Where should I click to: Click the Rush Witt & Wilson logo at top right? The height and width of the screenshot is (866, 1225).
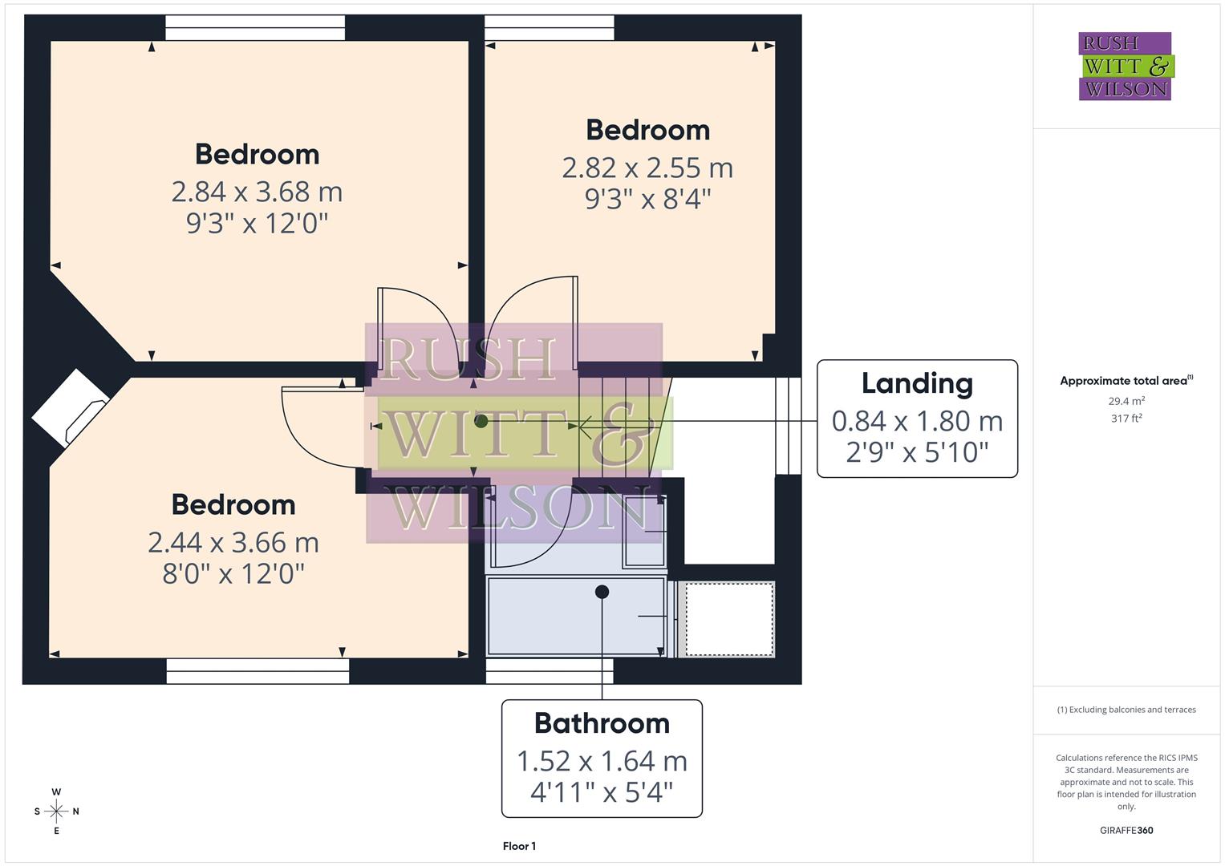click(1125, 66)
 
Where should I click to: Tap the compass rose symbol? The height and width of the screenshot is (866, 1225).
click(56, 811)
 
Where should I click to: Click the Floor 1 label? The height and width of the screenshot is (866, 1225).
click(519, 846)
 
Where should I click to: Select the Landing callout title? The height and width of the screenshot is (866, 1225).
click(917, 383)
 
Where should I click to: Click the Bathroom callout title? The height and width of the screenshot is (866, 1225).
click(602, 723)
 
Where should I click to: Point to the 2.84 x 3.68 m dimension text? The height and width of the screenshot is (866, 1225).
click(257, 192)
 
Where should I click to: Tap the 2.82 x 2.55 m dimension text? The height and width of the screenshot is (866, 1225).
click(647, 168)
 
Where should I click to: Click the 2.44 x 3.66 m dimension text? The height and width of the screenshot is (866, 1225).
click(233, 543)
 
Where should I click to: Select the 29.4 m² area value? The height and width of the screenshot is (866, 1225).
click(1126, 401)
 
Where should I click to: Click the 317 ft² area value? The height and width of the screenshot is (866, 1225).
click(1126, 419)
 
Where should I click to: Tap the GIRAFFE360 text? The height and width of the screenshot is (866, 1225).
click(1126, 830)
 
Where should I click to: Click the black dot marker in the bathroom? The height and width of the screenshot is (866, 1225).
click(602, 592)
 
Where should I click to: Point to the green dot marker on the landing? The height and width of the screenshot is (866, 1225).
click(481, 421)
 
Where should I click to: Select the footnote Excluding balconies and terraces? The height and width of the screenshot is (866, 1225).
click(1126, 710)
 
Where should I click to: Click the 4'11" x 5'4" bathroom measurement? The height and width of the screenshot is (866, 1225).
click(602, 793)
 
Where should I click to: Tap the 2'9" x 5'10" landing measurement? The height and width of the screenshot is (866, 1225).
click(917, 452)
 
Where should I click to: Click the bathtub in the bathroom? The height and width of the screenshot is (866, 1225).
click(576, 616)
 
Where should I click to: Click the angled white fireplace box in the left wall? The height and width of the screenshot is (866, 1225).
click(71, 408)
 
